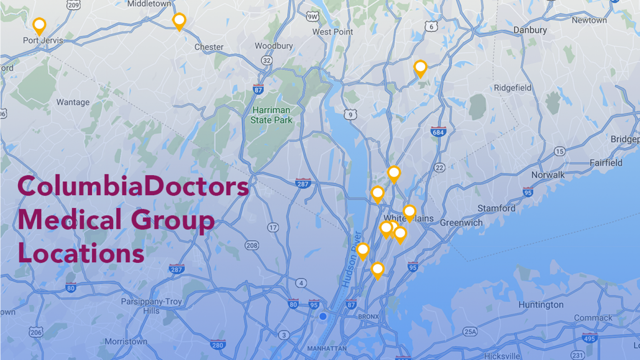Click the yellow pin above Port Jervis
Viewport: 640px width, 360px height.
[39, 26]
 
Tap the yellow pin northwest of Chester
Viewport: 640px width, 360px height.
[179, 21]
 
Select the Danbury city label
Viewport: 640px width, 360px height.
[530, 30]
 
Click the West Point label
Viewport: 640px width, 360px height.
[332, 32]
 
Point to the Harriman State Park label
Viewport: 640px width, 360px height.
[271, 115]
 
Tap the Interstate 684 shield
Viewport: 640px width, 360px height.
[438, 132]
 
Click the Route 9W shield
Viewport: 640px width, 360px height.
[312, 16]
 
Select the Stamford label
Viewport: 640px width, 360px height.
[496, 208]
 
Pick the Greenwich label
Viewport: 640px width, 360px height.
[461, 223]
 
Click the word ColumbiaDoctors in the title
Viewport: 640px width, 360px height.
[133, 186]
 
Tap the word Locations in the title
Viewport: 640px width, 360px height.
[81, 254]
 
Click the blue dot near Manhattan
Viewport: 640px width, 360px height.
[323, 316]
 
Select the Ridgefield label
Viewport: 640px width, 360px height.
[512, 88]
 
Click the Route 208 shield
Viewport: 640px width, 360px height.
[252, 245]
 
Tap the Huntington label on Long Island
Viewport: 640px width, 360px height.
[541, 305]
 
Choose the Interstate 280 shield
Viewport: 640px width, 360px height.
[218, 345]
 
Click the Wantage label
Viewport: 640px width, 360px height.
[73, 102]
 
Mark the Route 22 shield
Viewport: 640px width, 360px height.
[439, 168]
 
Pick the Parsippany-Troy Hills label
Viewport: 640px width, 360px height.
[151, 306]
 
